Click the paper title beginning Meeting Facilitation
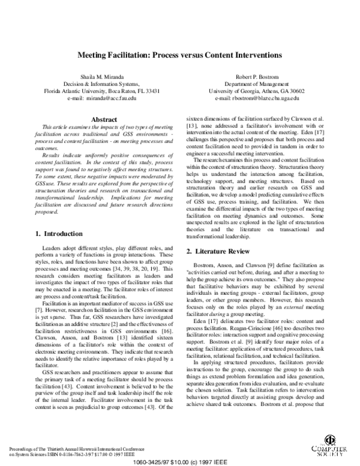180,55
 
